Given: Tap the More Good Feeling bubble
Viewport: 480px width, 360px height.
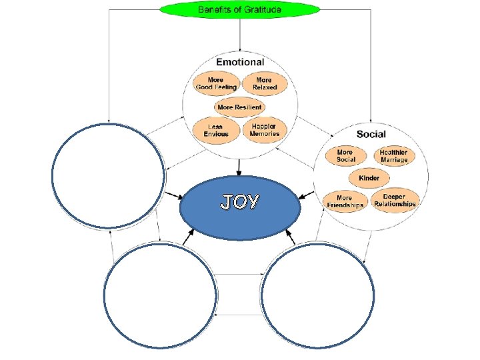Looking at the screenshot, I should coord(215,83).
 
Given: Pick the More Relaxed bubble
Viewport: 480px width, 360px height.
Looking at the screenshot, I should coord(265,83).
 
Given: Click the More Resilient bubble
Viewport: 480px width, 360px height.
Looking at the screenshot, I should coord(239,107).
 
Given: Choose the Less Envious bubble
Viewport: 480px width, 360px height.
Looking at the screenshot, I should coord(215,129).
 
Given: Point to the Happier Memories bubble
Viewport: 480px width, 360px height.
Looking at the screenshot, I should coord(265,129).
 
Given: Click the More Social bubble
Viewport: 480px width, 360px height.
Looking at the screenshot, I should coord(345,156).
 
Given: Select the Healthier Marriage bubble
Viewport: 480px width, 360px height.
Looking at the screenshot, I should coord(394,156).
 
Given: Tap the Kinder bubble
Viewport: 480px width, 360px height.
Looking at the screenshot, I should coord(369,178).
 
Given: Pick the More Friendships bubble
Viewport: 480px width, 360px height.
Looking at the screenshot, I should coord(345,201).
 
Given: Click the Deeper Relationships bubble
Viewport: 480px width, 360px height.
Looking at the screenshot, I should coord(395,201).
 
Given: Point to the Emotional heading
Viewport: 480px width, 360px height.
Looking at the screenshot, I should coord(240,62).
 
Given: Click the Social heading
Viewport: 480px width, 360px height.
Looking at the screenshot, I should coord(371,134).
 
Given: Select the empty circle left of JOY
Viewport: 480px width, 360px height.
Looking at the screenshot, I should coord(108,177).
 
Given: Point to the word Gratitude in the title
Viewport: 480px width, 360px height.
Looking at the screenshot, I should coord(262,9).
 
